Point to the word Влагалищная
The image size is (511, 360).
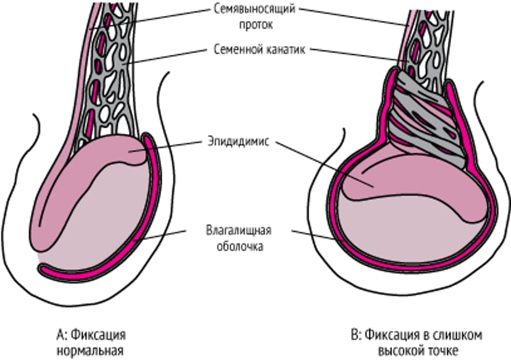point(239,231)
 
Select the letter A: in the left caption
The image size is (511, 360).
point(60,336)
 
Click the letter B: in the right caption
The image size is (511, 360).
point(355,336)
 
